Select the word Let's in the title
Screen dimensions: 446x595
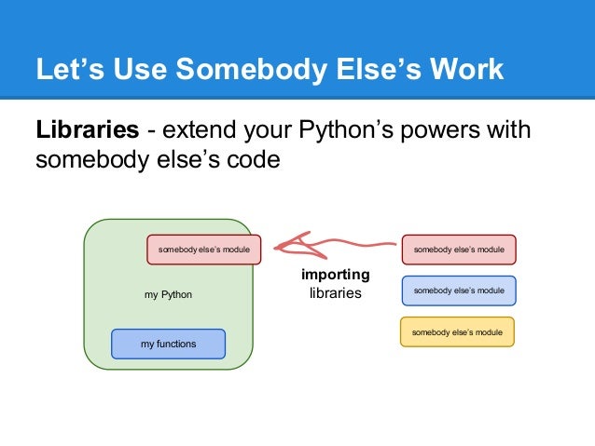click(x=66, y=70)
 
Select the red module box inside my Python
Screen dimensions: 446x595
click(x=203, y=250)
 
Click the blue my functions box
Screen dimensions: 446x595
click(x=168, y=344)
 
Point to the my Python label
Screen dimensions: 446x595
click(x=168, y=294)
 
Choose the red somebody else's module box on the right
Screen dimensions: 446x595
click(x=458, y=250)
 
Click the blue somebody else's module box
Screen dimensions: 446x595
click(x=458, y=291)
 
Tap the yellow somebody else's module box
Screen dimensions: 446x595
click(x=458, y=331)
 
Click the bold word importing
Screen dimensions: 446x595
click(x=335, y=276)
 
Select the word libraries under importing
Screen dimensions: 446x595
click(x=335, y=293)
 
